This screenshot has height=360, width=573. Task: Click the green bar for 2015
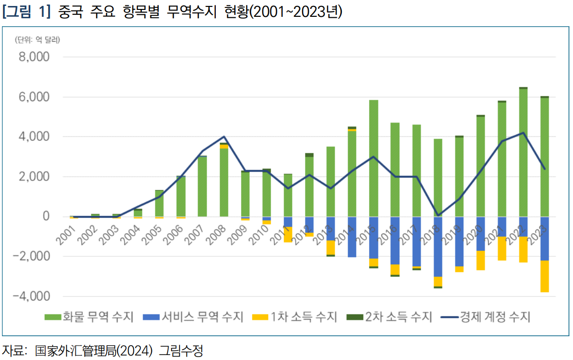pyautogui.click(x=374, y=159)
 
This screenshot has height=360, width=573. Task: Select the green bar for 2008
pyautogui.click(x=224, y=182)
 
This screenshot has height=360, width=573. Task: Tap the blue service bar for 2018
pyautogui.click(x=438, y=246)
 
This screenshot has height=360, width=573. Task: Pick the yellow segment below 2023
pyautogui.click(x=545, y=276)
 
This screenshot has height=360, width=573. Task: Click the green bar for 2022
pyautogui.click(x=523, y=153)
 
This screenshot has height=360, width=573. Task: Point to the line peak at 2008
pyautogui.click(x=224, y=136)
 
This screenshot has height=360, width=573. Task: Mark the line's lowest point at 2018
pyautogui.click(x=438, y=215)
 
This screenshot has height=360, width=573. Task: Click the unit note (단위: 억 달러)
pyautogui.click(x=37, y=40)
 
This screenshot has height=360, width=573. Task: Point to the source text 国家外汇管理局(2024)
pyautogui.click(x=95, y=351)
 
